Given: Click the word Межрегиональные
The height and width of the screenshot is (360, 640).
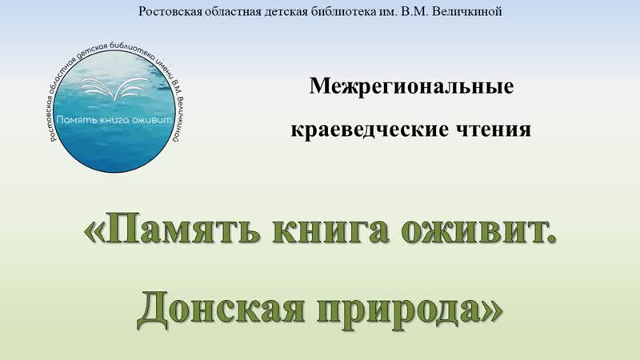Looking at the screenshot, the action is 411,87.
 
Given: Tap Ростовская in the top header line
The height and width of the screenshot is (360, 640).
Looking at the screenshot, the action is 170,11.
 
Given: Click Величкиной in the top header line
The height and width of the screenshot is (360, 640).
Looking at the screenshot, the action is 466,11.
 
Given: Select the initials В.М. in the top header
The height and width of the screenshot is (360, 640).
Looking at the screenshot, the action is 414,11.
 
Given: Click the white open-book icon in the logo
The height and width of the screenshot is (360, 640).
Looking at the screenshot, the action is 114,88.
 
